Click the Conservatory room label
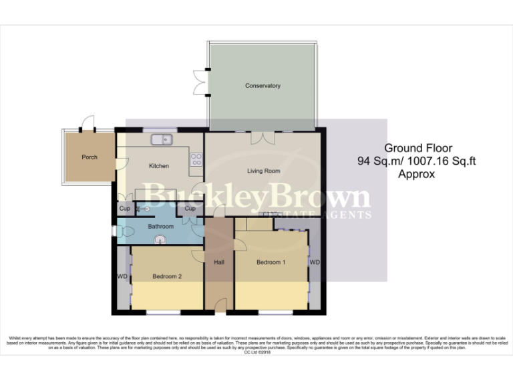click(x=263, y=86)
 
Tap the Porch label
click(x=90, y=157)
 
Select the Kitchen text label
click(x=158, y=166)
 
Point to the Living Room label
click(x=263, y=171)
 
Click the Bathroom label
click(x=160, y=227)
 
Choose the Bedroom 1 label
click(x=271, y=262)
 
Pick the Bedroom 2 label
click(x=167, y=276)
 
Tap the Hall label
click(x=218, y=263)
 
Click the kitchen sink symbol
click(x=162, y=139)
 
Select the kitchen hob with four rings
click(x=197, y=159)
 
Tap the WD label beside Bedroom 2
click(x=122, y=276)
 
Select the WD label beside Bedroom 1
click(x=315, y=263)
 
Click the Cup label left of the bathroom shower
click(x=124, y=209)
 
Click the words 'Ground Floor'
click(x=417, y=148)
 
